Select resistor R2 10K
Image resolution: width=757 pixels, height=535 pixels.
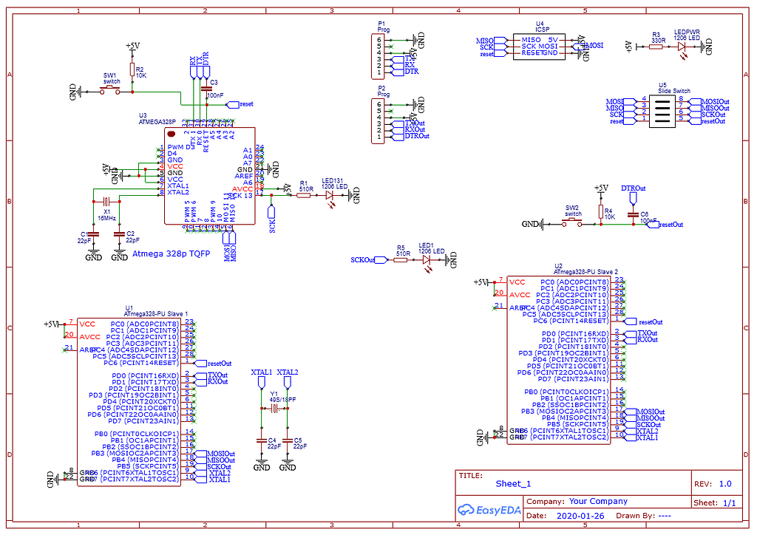point(132,71)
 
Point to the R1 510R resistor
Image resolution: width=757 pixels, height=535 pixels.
point(304,194)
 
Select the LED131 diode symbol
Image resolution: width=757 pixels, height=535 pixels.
point(330,195)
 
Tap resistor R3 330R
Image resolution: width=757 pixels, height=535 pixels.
point(656,47)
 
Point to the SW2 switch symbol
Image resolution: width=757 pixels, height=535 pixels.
point(573,222)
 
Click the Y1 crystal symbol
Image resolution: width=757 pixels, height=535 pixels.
point(274,408)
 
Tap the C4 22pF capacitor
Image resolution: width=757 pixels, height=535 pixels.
point(261,441)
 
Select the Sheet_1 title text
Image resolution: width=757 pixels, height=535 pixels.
point(513,484)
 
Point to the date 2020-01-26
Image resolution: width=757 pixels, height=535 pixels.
point(580,515)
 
